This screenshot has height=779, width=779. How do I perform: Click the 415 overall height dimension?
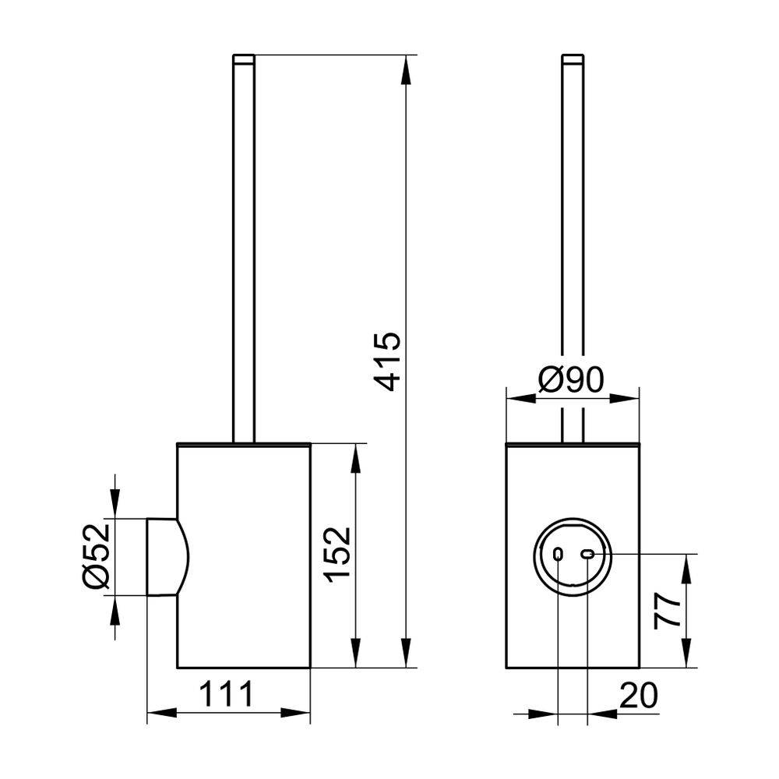pos(387,361)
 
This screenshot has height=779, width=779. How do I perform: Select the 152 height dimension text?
pos(338,555)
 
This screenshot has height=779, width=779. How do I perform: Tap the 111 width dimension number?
pos(227,694)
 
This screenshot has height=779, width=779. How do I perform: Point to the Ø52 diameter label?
pos(96,556)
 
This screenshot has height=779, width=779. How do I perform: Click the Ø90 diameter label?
pos(571,380)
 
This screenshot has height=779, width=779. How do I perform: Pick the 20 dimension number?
pos(639,696)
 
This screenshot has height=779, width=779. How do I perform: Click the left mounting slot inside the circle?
pos(558,553)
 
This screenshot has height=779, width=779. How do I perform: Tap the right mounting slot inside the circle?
pos(587,553)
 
